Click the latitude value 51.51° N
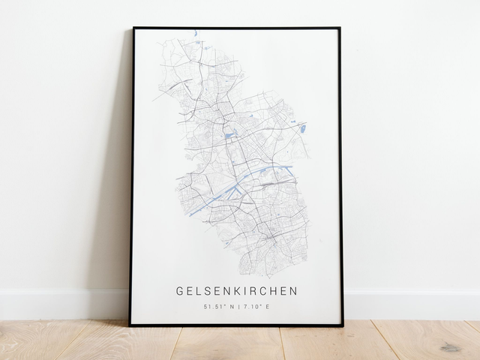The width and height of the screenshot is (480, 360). [x=217, y=307]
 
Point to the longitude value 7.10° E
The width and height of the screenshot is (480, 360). [x=256, y=307]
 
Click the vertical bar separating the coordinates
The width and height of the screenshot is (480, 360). [x=237, y=307]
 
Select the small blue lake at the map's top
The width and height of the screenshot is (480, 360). [x=194, y=33]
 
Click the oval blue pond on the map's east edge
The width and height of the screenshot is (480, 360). [x=303, y=129]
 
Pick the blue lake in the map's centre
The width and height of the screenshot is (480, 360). [x=229, y=136]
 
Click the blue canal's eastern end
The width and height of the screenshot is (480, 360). [x=291, y=166]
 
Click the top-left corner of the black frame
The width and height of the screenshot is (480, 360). [x=133, y=28]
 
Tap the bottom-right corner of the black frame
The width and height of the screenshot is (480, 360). [x=342, y=325]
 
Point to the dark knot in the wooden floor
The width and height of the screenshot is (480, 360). [x=451, y=347]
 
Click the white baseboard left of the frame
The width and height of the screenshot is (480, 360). [x=60, y=304]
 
